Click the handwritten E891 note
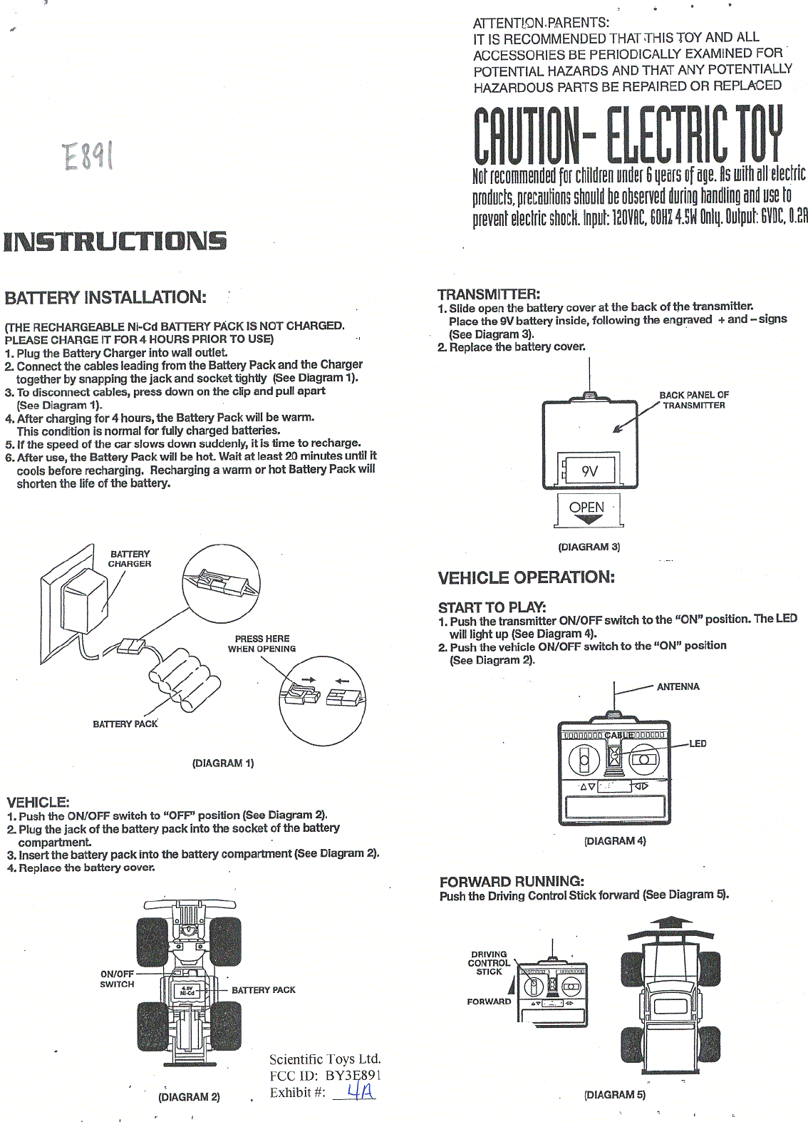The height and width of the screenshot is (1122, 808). pyautogui.click(x=88, y=156)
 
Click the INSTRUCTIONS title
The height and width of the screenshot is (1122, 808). pyautogui.click(x=115, y=241)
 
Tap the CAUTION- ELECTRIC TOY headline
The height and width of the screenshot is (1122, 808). pyautogui.click(x=628, y=135)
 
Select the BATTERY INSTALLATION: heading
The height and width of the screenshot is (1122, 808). pyautogui.click(x=105, y=297)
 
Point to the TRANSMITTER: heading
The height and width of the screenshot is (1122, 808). pyautogui.click(x=489, y=294)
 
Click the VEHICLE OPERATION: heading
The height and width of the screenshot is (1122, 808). pyautogui.click(x=526, y=577)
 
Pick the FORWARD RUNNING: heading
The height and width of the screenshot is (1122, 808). pyautogui.click(x=512, y=881)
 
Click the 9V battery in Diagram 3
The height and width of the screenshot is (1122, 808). pyautogui.click(x=589, y=470)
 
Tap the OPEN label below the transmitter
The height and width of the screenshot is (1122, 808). pyautogui.click(x=586, y=508)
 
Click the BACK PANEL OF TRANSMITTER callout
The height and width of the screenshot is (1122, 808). pyautogui.click(x=693, y=400)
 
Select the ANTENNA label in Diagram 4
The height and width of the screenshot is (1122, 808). pyautogui.click(x=678, y=686)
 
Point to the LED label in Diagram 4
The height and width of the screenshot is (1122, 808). pyautogui.click(x=698, y=743)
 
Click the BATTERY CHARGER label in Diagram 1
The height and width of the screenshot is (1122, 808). pyautogui.click(x=130, y=559)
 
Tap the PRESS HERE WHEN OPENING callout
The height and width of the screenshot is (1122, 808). pyautogui.click(x=261, y=644)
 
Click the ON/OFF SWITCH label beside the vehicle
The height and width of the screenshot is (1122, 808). pyautogui.click(x=117, y=979)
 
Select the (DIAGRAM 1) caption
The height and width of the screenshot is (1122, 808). pyautogui.click(x=223, y=763)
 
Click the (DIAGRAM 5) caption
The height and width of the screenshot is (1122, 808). pyautogui.click(x=614, y=1094)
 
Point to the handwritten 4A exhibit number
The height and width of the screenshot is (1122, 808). pyautogui.click(x=361, y=1091)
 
